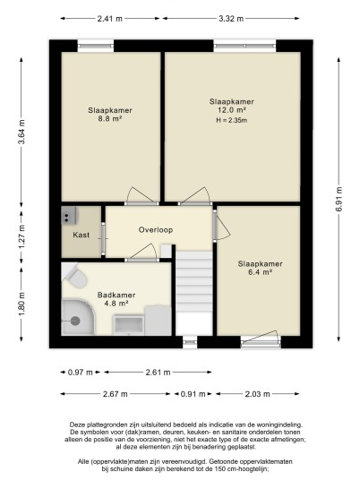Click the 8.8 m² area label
(x=110, y=119)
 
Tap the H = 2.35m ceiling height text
(x=231, y=120)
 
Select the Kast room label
(x=81, y=235)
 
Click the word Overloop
(x=156, y=230)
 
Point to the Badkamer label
(x=116, y=296)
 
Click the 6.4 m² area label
(x=261, y=272)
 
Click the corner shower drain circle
(x=75, y=321)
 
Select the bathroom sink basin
(x=129, y=324)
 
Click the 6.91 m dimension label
(x=339, y=199)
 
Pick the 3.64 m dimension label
(x=21, y=132)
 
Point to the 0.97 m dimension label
(x=81, y=373)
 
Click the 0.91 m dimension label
(x=193, y=394)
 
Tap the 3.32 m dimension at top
(x=231, y=19)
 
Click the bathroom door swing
(x=142, y=253)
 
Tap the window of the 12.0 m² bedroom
(x=244, y=46)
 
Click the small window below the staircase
(x=190, y=342)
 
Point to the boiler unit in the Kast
(x=69, y=216)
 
